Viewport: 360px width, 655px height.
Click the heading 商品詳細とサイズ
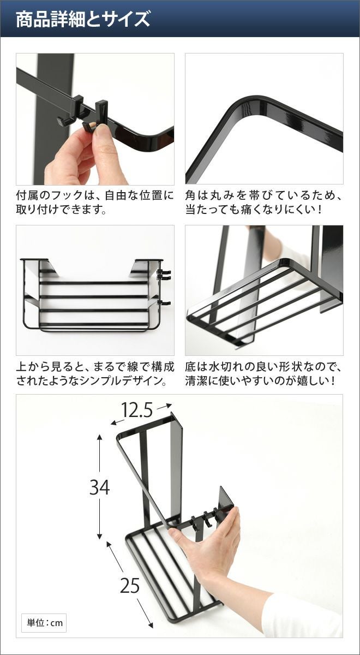[x=83, y=19]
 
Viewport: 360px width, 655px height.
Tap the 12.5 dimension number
[x=136, y=410]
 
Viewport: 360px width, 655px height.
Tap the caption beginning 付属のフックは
[x=95, y=202]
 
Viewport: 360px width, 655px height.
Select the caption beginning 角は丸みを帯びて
[x=263, y=202]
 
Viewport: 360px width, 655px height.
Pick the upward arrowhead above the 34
[x=100, y=437]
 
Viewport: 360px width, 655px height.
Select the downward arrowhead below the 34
[x=100, y=537]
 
